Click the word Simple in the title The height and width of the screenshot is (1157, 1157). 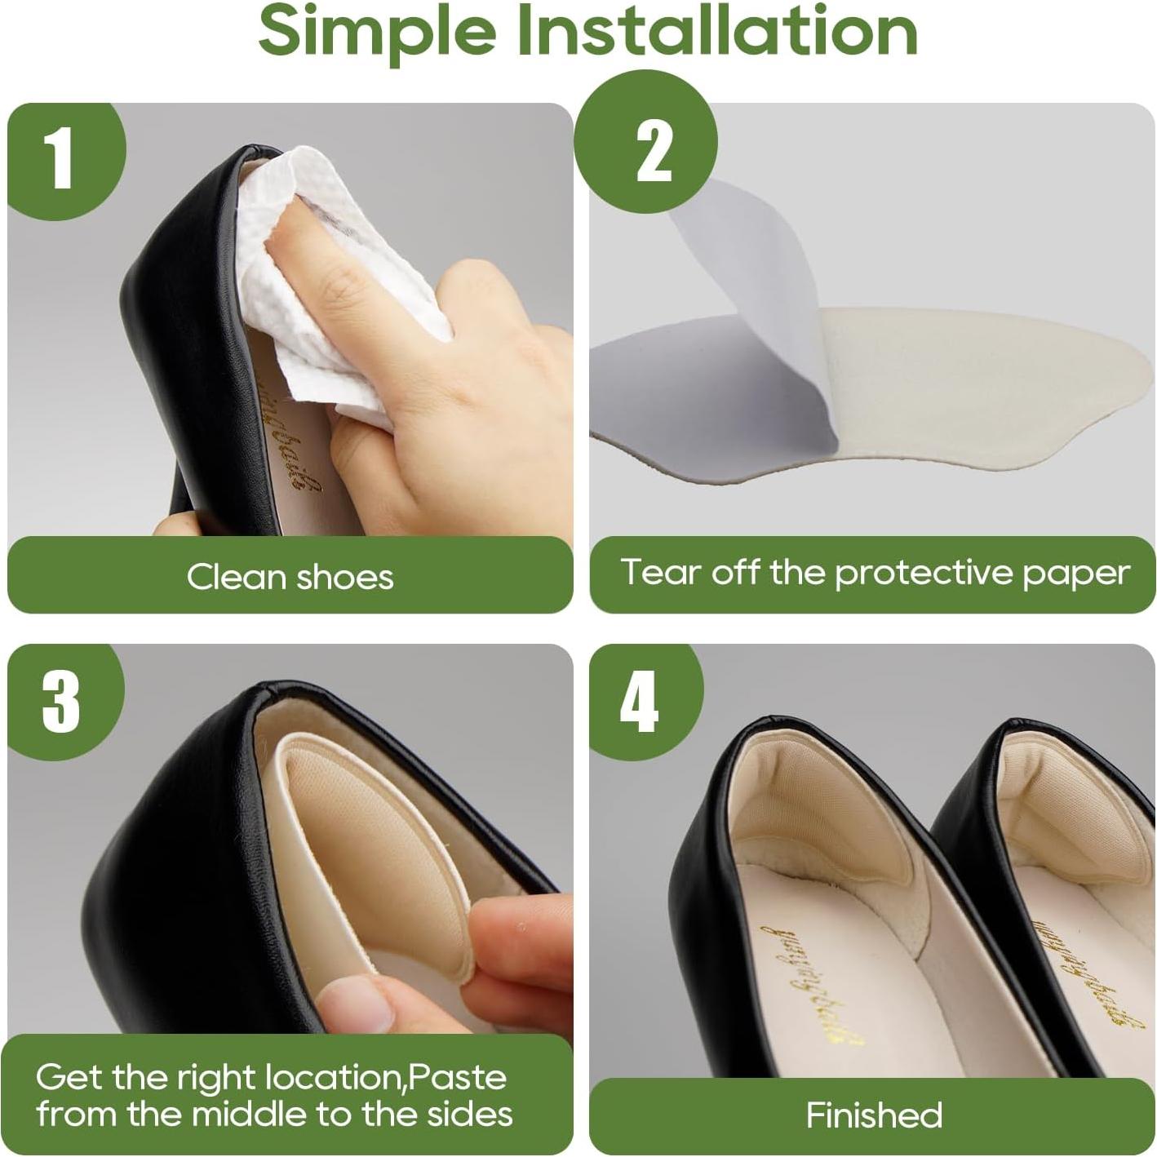pyautogui.click(x=377, y=31)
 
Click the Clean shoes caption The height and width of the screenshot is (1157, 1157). pyautogui.click(x=290, y=577)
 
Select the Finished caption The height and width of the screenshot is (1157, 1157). pyautogui.click(x=874, y=1115)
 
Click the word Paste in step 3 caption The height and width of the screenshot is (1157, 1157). pyautogui.click(x=456, y=1078)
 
